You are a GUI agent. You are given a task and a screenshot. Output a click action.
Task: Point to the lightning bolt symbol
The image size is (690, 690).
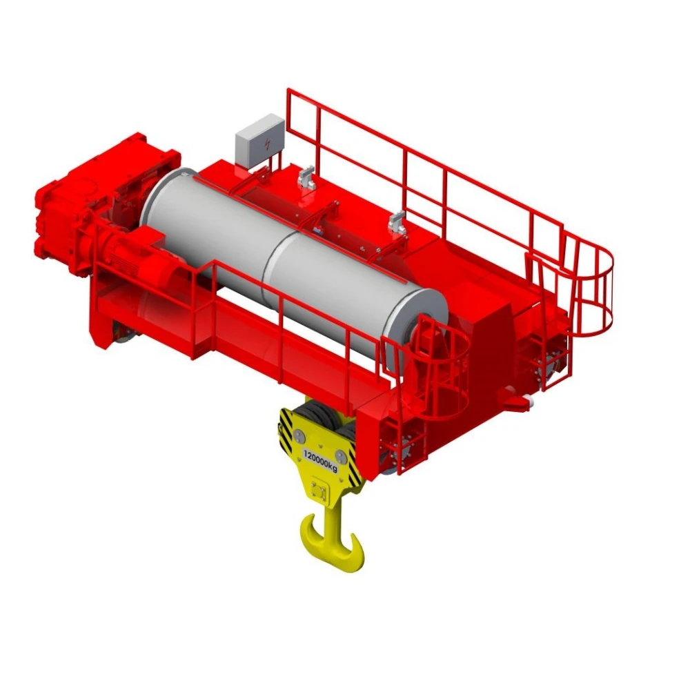tap(267, 145)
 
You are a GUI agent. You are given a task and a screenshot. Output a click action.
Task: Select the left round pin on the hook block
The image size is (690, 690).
tap(299, 435)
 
